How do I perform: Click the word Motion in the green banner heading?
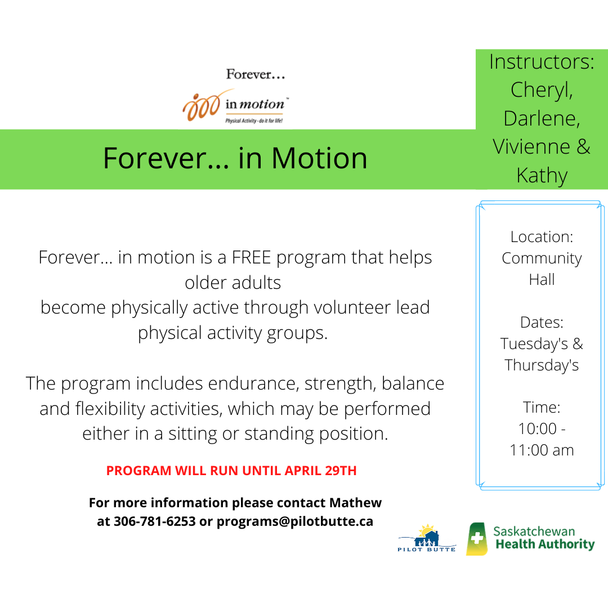click(x=319, y=158)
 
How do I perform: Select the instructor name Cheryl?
click(x=542, y=91)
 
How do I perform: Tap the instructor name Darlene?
click(x=542, y=118)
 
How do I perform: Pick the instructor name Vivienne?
click(x=531, y=146)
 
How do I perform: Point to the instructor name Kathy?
click(x=542, y=176)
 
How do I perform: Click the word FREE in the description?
click(x=251, y=257)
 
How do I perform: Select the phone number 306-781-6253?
click(x=155, y=521)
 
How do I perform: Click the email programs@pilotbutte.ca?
click(x=294, y=521)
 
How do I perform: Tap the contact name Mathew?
click(x=356, y=503)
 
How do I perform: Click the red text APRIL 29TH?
click(x=320, y=470)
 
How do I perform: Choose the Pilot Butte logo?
click(x=427, y=538)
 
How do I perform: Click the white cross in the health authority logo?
click(x=477, y=538)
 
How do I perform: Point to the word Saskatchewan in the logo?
click(x=534, y=531)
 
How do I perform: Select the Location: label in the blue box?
click(x=542, y=236)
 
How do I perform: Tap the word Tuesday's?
click(x=534, y=343)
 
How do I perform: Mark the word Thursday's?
click(x=542, y=365)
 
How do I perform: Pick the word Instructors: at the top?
click(x=542, y=62)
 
